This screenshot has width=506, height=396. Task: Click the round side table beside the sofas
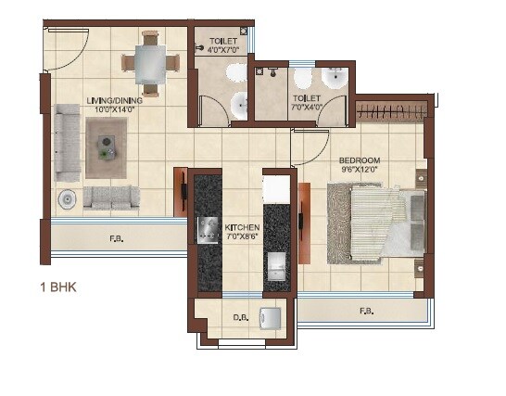pos(67,198)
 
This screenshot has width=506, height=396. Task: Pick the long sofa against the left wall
pos(66,142)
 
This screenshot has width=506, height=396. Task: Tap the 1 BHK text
pos(57,287)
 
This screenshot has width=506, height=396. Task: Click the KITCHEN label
pos(242,227)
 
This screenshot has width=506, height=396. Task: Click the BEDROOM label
pos(360,160)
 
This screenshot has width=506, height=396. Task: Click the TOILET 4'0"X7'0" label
pos(222,46)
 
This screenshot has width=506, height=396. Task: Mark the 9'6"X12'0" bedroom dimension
pos(360,170)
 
